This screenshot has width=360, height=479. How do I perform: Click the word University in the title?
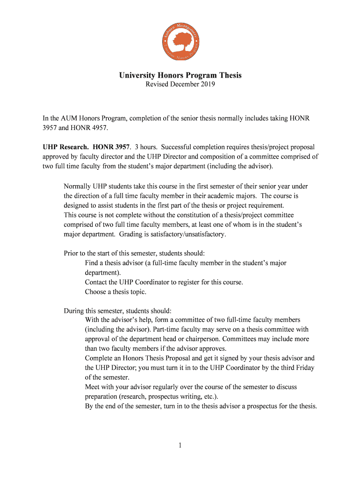[x=136, y=75]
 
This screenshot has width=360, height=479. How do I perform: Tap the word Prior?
[x=72, y=254]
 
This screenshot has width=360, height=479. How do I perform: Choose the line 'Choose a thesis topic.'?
[x=115, y=292]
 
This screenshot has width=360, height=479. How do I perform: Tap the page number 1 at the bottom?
[x=180, y=445]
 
